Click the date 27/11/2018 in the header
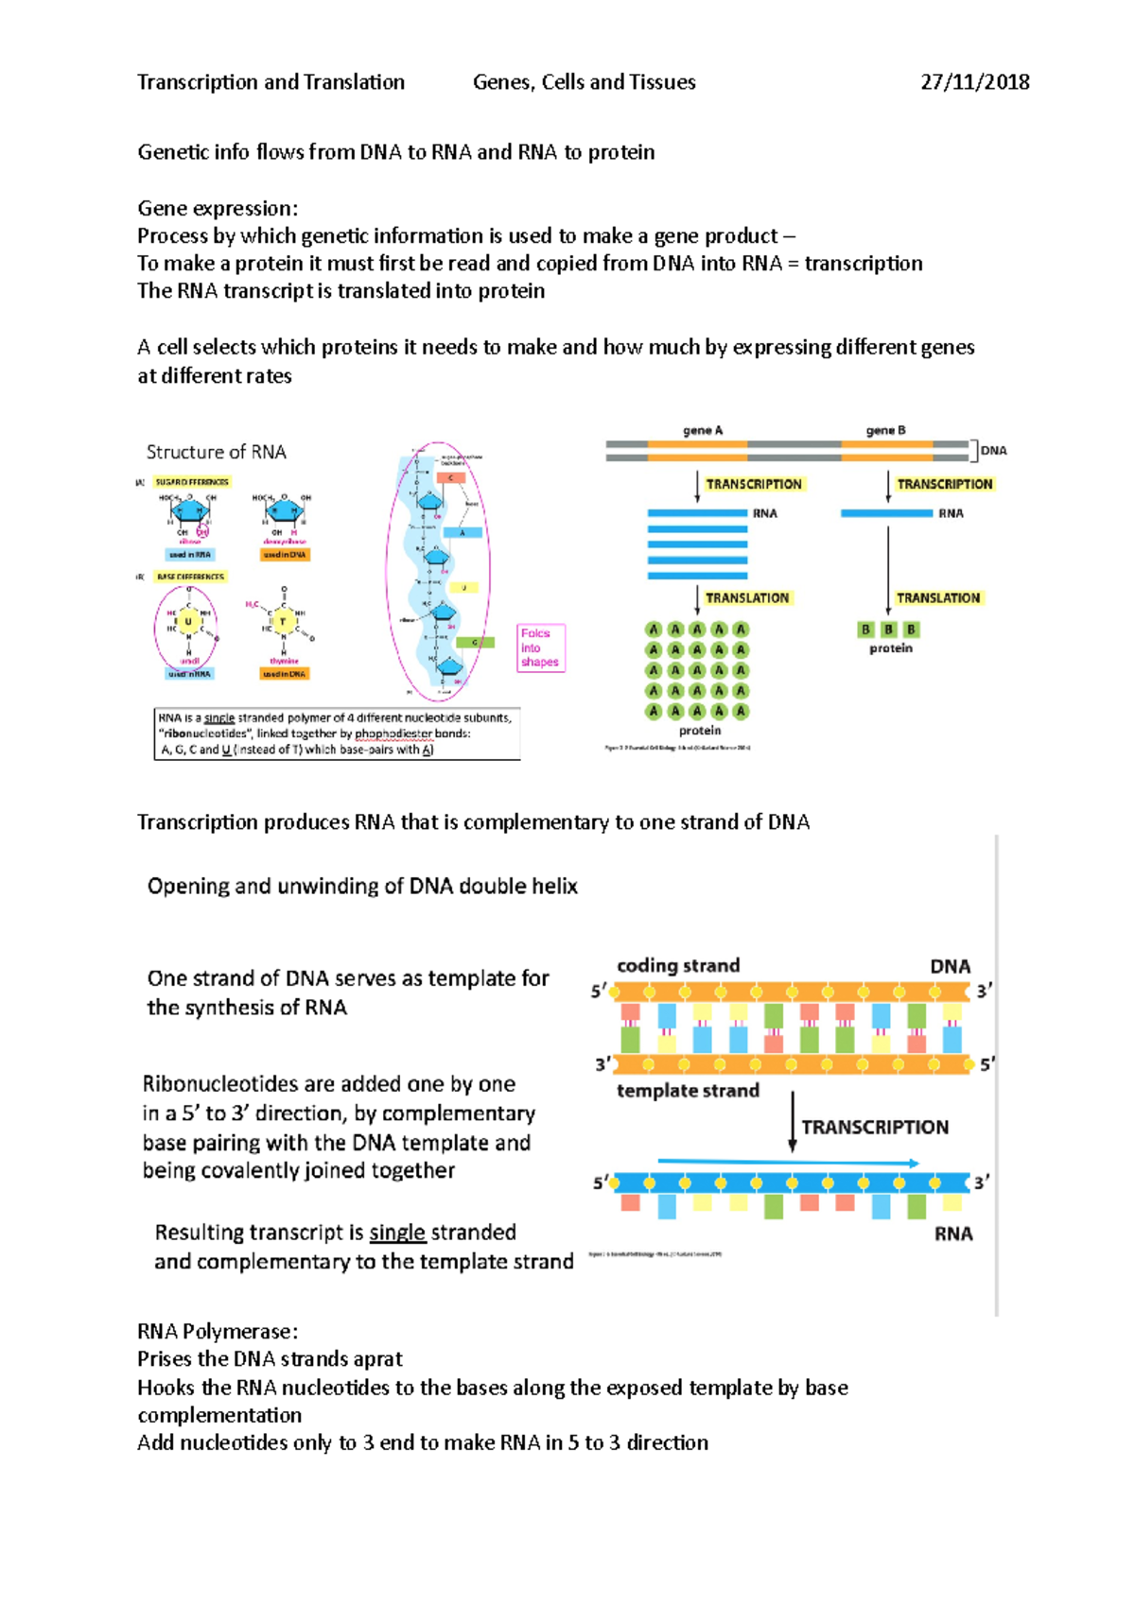click(x=974, y=82)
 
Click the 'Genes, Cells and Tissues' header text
click(x=584, y=82)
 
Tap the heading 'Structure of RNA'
click(x=216, y=452)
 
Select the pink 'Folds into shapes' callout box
click(x=540, y=647)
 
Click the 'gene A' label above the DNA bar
click(x=702, y=430)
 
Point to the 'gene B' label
click(x=885, y=430)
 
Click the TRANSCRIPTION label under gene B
click(x=944, y=484)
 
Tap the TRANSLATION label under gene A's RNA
click(x=746, y=598)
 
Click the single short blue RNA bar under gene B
click(x=886, y=513)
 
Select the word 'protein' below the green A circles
click(x=700, y=731)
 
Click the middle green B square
click(x=888, y=630)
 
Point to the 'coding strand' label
click(x=678, y=965)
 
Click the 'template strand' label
click(x=688, y=1091)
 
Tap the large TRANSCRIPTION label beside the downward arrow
click(x=874, y=1127)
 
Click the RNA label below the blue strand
click(x=952, y=1234)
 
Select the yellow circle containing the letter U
click(x=188, y=621)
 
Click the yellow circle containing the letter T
click(x=283, y=621)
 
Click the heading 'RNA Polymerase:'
click(x=218, y=1331)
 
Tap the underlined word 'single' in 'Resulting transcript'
click(x=396, y=1233)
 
